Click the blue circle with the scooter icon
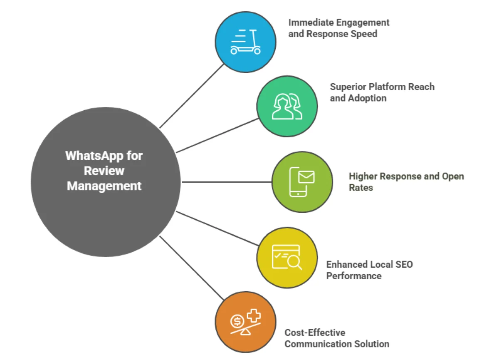coord(245,42)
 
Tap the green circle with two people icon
coord(287,106)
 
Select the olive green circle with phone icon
coord(302,181)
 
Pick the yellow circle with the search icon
coord(287,258)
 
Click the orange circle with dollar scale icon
coord(245,322)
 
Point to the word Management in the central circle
coord(104,186)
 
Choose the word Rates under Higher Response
coord(361,188)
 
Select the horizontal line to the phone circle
coord(227,182)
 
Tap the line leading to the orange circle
coord(191,268)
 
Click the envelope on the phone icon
coord(306,177)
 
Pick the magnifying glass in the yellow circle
coord(294,262)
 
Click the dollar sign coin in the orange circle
coord(237,321)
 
